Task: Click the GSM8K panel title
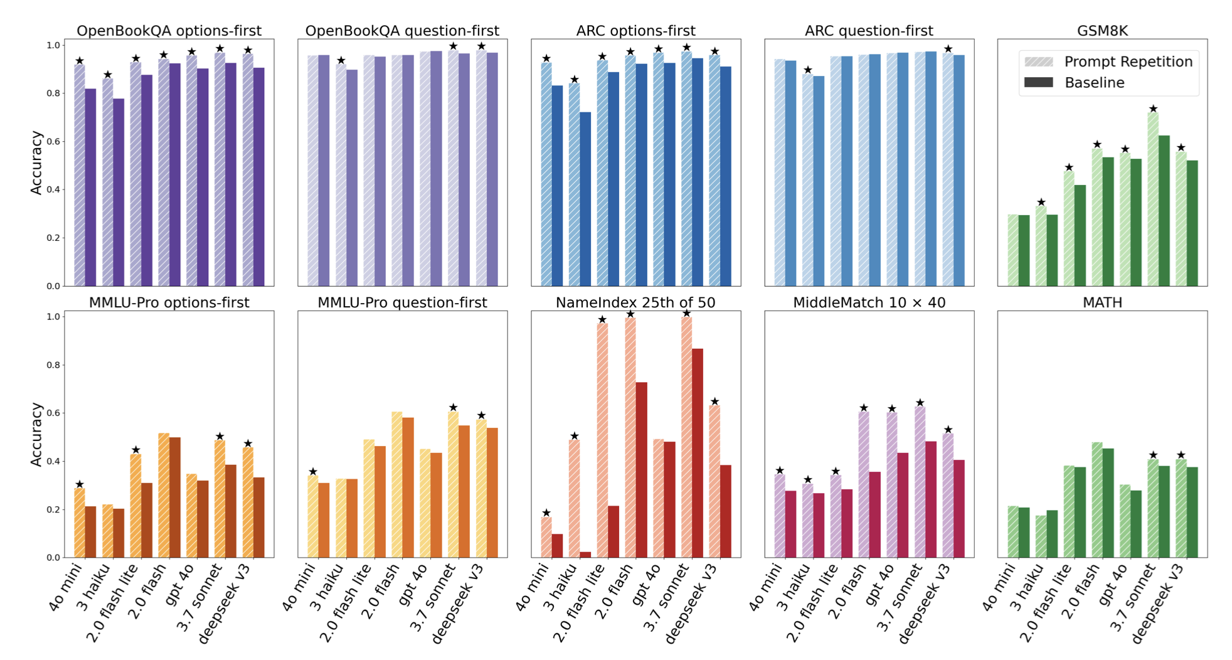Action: [x=1102, y=31]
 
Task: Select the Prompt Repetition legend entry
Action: [x=1128, y=61]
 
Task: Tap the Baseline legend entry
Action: [x=1094, y=82]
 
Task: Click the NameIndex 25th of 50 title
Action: [x=635, y=302]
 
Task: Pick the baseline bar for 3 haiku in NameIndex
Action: [x=585, y=555]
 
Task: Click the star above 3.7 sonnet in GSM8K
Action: [x=1153, y=109]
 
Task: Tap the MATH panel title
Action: [x=1102, y=302]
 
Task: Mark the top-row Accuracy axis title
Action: [x=36, y=162]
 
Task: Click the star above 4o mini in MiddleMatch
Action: [x=780, y=471]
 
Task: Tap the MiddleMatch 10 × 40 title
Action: [x=869, y=302]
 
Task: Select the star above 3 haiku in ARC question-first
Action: [x=808, y=70]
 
